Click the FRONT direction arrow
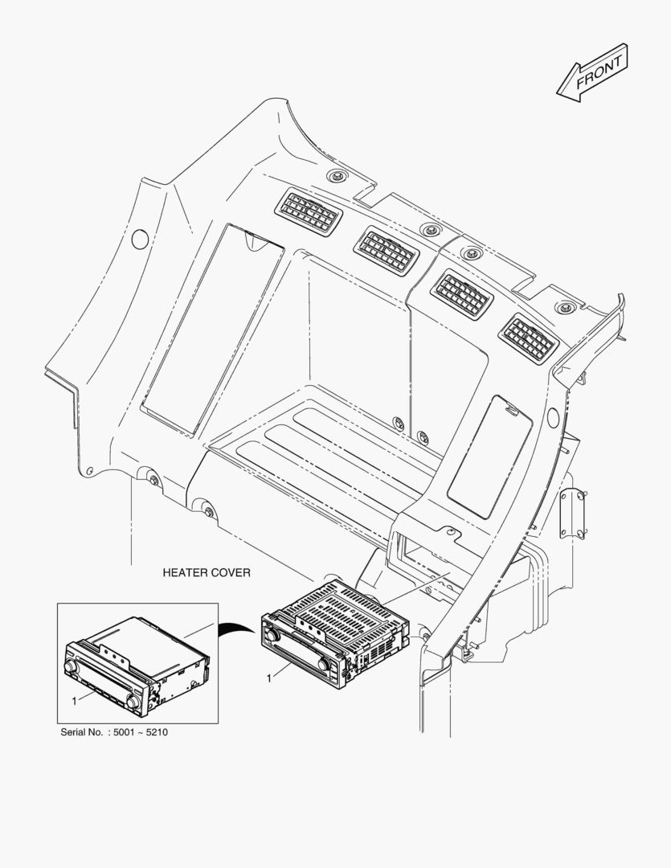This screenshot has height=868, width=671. point(593,75)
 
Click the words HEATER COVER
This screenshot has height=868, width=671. point(207,573)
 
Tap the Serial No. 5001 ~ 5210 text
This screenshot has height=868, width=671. point(114,733)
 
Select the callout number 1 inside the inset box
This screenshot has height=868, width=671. point(74,701)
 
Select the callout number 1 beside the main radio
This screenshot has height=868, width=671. point(269,679)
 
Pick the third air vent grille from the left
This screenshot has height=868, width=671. point(461,294)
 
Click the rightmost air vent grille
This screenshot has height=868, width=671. point(528,336)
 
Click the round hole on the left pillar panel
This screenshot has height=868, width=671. point(139,238)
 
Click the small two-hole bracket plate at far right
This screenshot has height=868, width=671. point(573,511)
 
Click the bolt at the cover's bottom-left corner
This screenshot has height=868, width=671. point(153,481)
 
